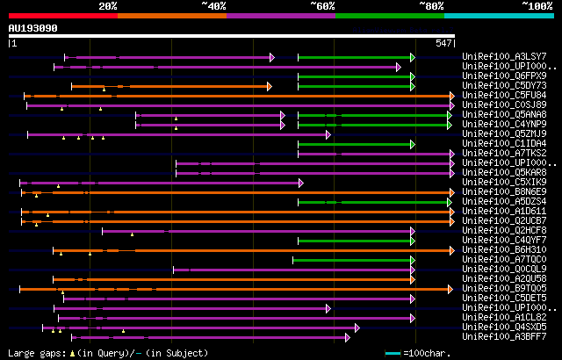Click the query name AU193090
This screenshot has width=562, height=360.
tap(33, 29)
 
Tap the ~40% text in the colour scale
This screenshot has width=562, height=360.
tap(213, 6)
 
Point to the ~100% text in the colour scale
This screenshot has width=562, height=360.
tap(537, 6)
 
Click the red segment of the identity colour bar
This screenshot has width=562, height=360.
tap(62, 15)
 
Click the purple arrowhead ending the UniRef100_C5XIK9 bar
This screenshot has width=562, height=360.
tap(299, 183)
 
